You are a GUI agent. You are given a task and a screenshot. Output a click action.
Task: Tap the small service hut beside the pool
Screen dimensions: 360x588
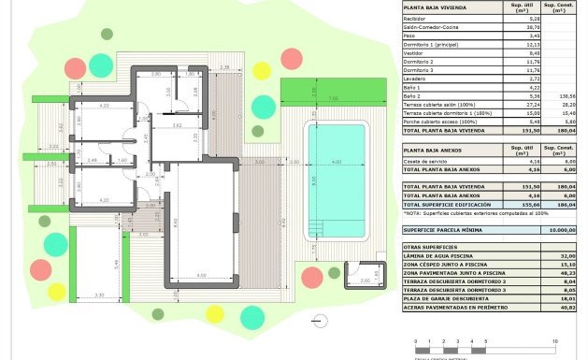pos(361,274)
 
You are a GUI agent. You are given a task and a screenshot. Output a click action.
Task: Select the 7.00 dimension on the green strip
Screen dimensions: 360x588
pos(332,98)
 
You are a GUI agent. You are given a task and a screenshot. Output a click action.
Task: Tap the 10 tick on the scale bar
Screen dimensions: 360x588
pos(555,342)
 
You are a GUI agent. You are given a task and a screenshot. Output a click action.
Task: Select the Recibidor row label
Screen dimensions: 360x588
pos(416,19)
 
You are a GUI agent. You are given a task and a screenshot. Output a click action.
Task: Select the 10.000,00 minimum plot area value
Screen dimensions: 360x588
pos(562,228)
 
